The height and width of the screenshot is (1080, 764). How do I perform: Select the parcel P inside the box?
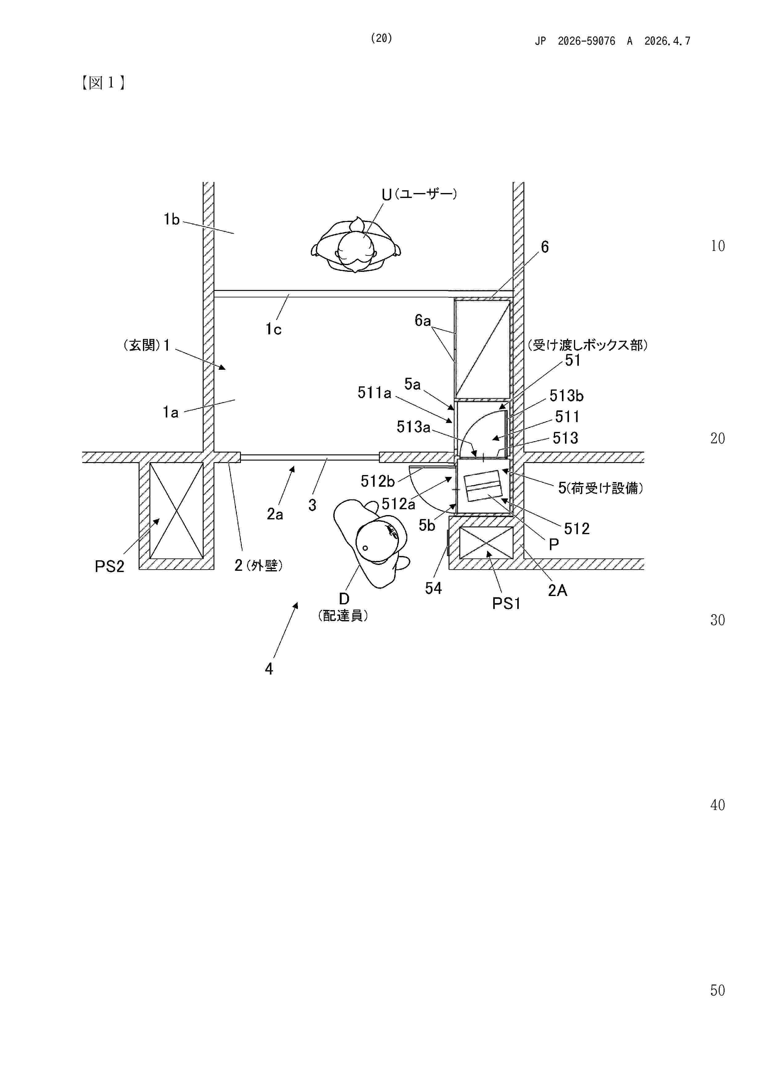coord(482,486)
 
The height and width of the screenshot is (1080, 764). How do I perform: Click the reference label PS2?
coord(109,566)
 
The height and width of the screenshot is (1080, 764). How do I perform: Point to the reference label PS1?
coord(506,603)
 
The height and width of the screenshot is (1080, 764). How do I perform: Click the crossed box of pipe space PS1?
coord(486,542)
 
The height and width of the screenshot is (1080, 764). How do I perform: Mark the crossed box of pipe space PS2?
coord(177,510)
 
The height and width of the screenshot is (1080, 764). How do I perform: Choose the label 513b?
coord(566,396)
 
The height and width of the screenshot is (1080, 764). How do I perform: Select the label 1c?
coord(274,329)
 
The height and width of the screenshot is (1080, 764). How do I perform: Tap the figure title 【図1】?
coord(103,83)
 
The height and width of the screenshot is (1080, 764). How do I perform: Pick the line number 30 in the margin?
coord(717,620)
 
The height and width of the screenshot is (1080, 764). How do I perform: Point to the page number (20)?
coord(381,38)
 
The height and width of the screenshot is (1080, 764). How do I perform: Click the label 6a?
coord(422,321)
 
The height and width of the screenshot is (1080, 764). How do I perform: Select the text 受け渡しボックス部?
coord(587,345)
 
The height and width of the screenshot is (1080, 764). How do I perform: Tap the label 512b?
coord(377,481)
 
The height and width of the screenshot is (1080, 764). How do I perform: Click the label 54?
coord(433,588)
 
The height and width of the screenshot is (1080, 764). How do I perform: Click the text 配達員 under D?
coord(343,616)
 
